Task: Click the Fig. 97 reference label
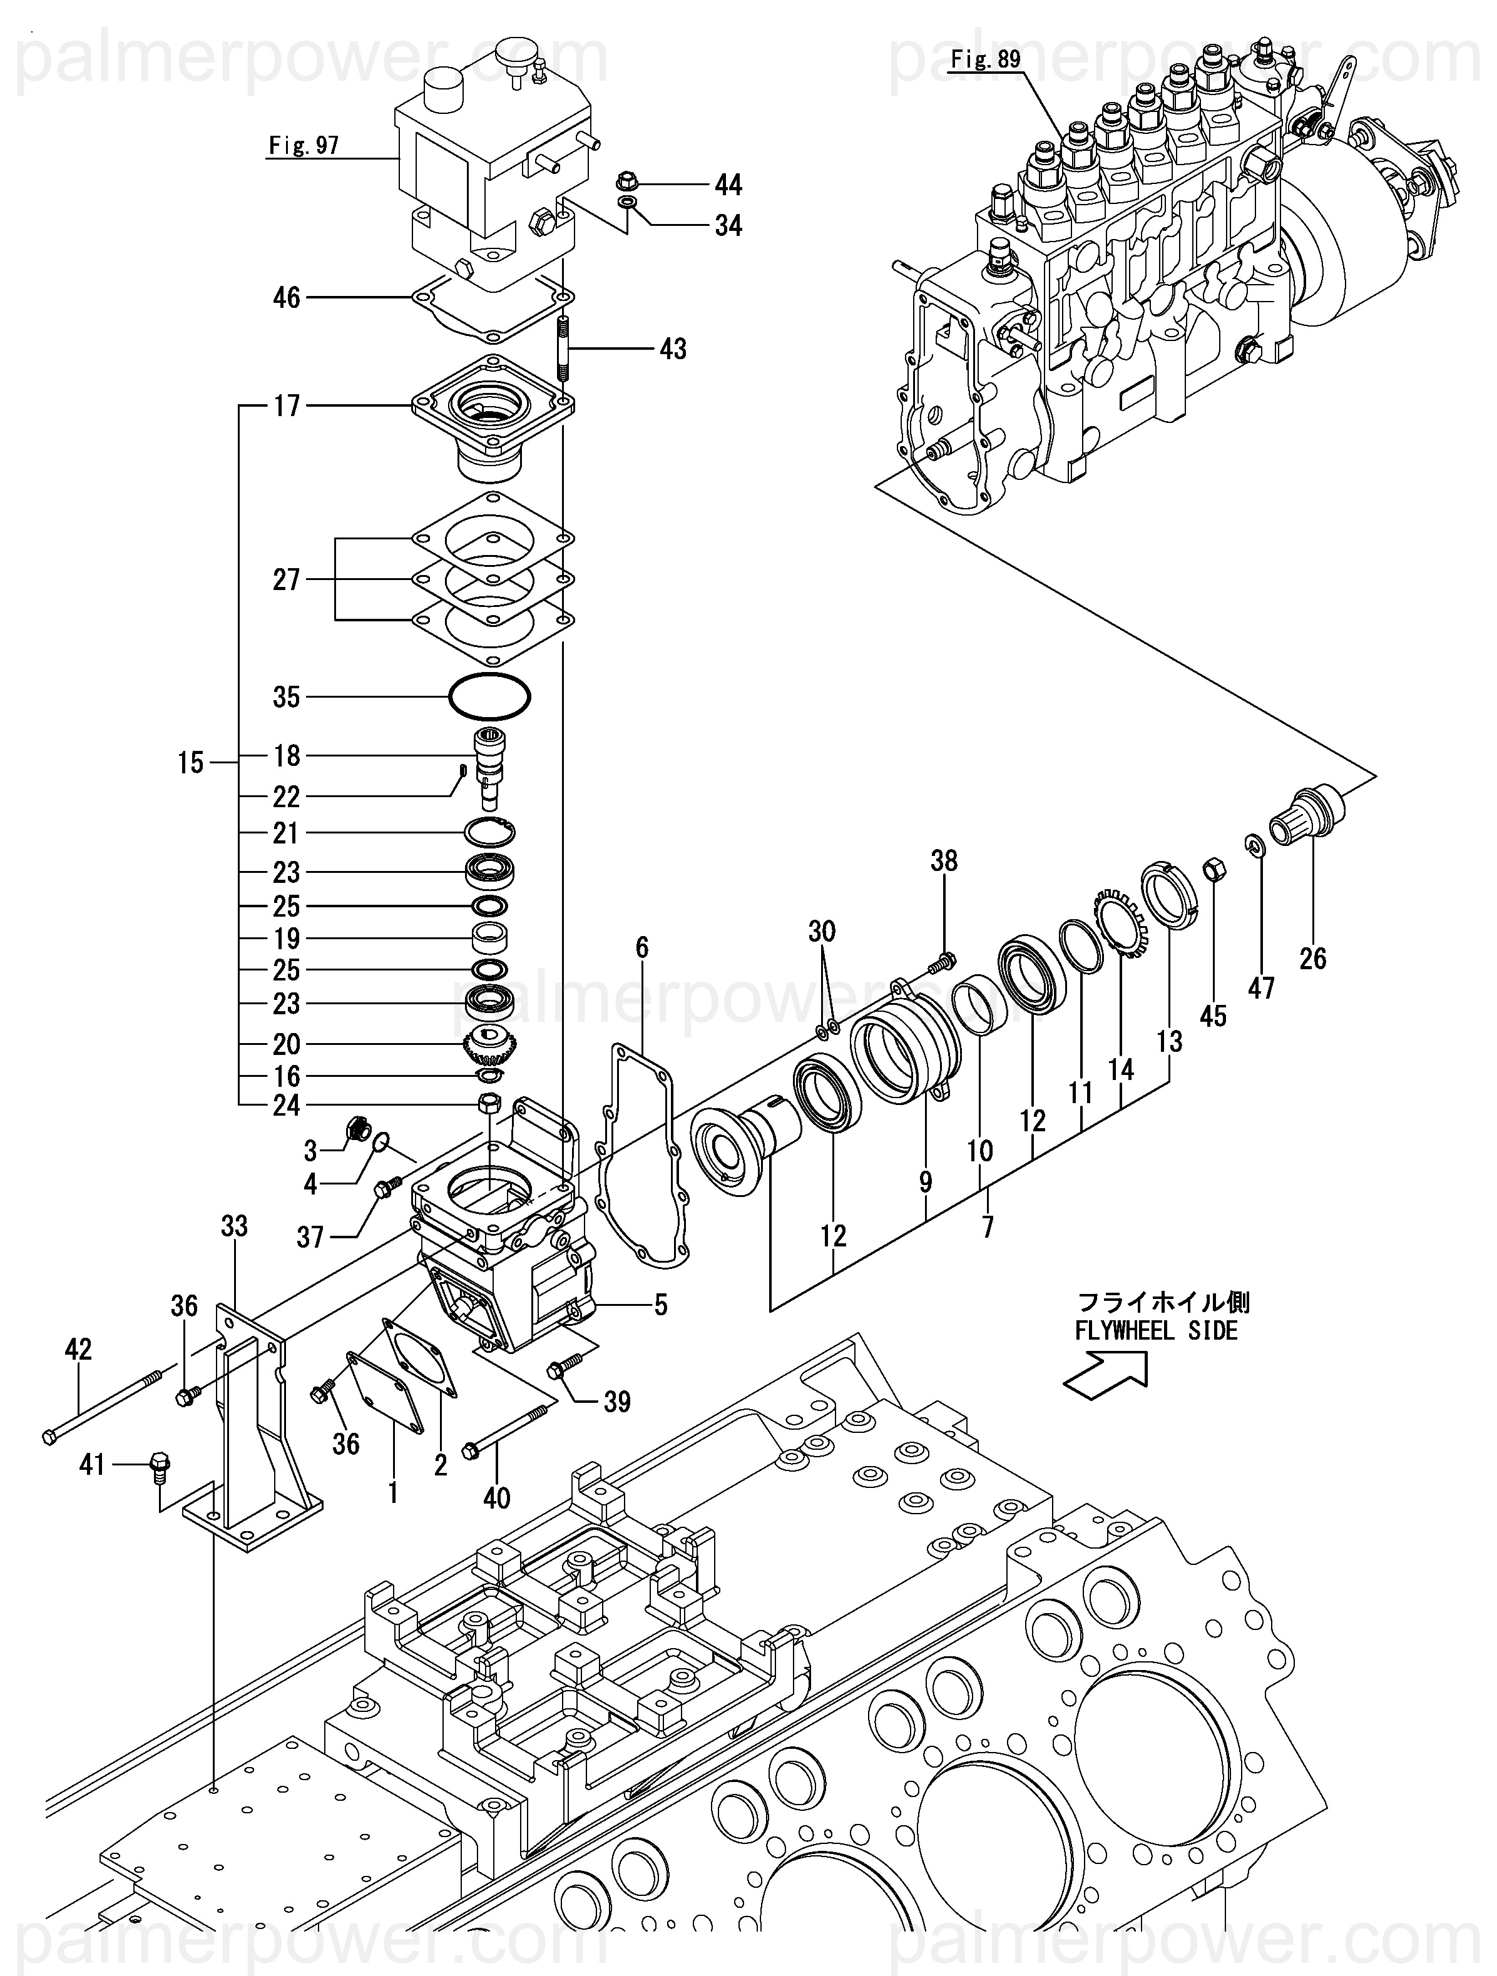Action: pyautogui.click(x=304, y=145)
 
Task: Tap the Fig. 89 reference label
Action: pyautogui.click(x=985, y=61)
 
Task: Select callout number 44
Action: pyautogui.click(x=728, y=185)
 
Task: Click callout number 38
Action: pyautogui.click(x=944, y=860)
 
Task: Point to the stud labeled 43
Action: pyautogui.click(x=564, y=347)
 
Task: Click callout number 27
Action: pyautogui.click(x=286, y=580)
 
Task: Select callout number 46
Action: pyautogui.click(x=286, y=297)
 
